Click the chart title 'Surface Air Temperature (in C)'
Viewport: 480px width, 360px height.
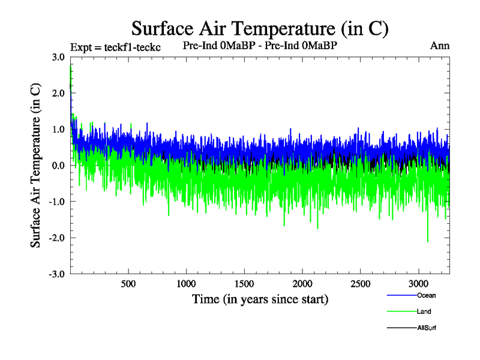260,28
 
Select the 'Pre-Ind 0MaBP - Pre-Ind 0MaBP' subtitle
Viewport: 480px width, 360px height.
263,46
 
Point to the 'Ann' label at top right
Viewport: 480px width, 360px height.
440,46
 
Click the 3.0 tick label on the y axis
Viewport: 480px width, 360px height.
58,58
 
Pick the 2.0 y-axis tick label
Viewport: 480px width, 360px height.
58,94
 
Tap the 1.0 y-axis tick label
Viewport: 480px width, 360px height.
58,130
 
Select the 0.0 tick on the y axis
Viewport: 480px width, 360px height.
58,166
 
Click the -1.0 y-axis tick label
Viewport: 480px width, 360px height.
57,202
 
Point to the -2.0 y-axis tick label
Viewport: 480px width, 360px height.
57,238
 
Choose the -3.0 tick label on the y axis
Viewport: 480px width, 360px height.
57,274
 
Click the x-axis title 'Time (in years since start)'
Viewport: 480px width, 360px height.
260,299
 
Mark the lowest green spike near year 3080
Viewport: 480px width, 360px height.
428,241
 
